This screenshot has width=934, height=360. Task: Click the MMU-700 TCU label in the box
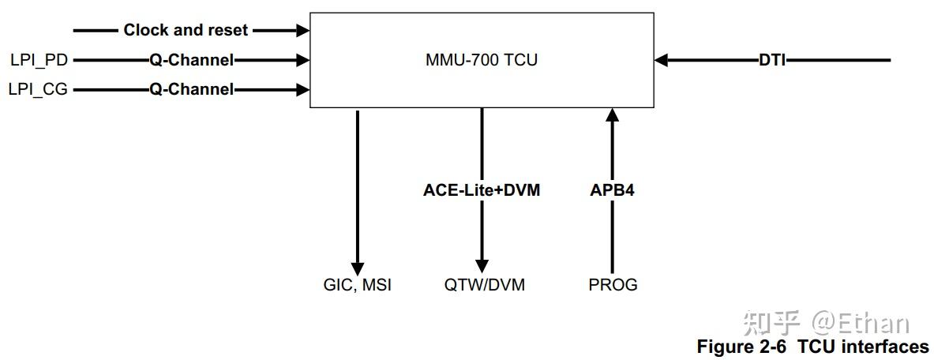coord(481,60)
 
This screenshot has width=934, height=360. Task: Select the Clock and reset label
coord(186,30)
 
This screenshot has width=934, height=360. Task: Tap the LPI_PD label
coord(39,59)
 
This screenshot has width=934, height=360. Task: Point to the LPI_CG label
coord(39,89)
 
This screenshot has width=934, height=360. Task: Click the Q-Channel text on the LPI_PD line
coord(192,59)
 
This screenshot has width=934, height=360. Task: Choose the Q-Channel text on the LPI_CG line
coord(192,89)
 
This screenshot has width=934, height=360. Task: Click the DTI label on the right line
coord(771,60)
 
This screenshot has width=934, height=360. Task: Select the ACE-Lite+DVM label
coord(482,189)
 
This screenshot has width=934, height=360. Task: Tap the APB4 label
coord(612,189)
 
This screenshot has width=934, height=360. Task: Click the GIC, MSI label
coord(357,285)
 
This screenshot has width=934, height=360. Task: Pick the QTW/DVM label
coord(484,285)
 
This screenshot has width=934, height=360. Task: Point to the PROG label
coord(613,285)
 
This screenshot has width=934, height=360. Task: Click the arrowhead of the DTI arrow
coord(662,60)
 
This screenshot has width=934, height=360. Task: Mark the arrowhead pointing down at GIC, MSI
coord(358,267)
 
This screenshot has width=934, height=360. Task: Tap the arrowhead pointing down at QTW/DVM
coord(482,267)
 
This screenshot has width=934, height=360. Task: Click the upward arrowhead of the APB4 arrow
coord(612,115)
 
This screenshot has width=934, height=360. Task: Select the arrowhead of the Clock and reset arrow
coord(302,30)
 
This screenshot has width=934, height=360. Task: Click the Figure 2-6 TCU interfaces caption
coord(812,347)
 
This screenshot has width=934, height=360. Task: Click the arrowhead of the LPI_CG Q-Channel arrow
coord(302,89)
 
